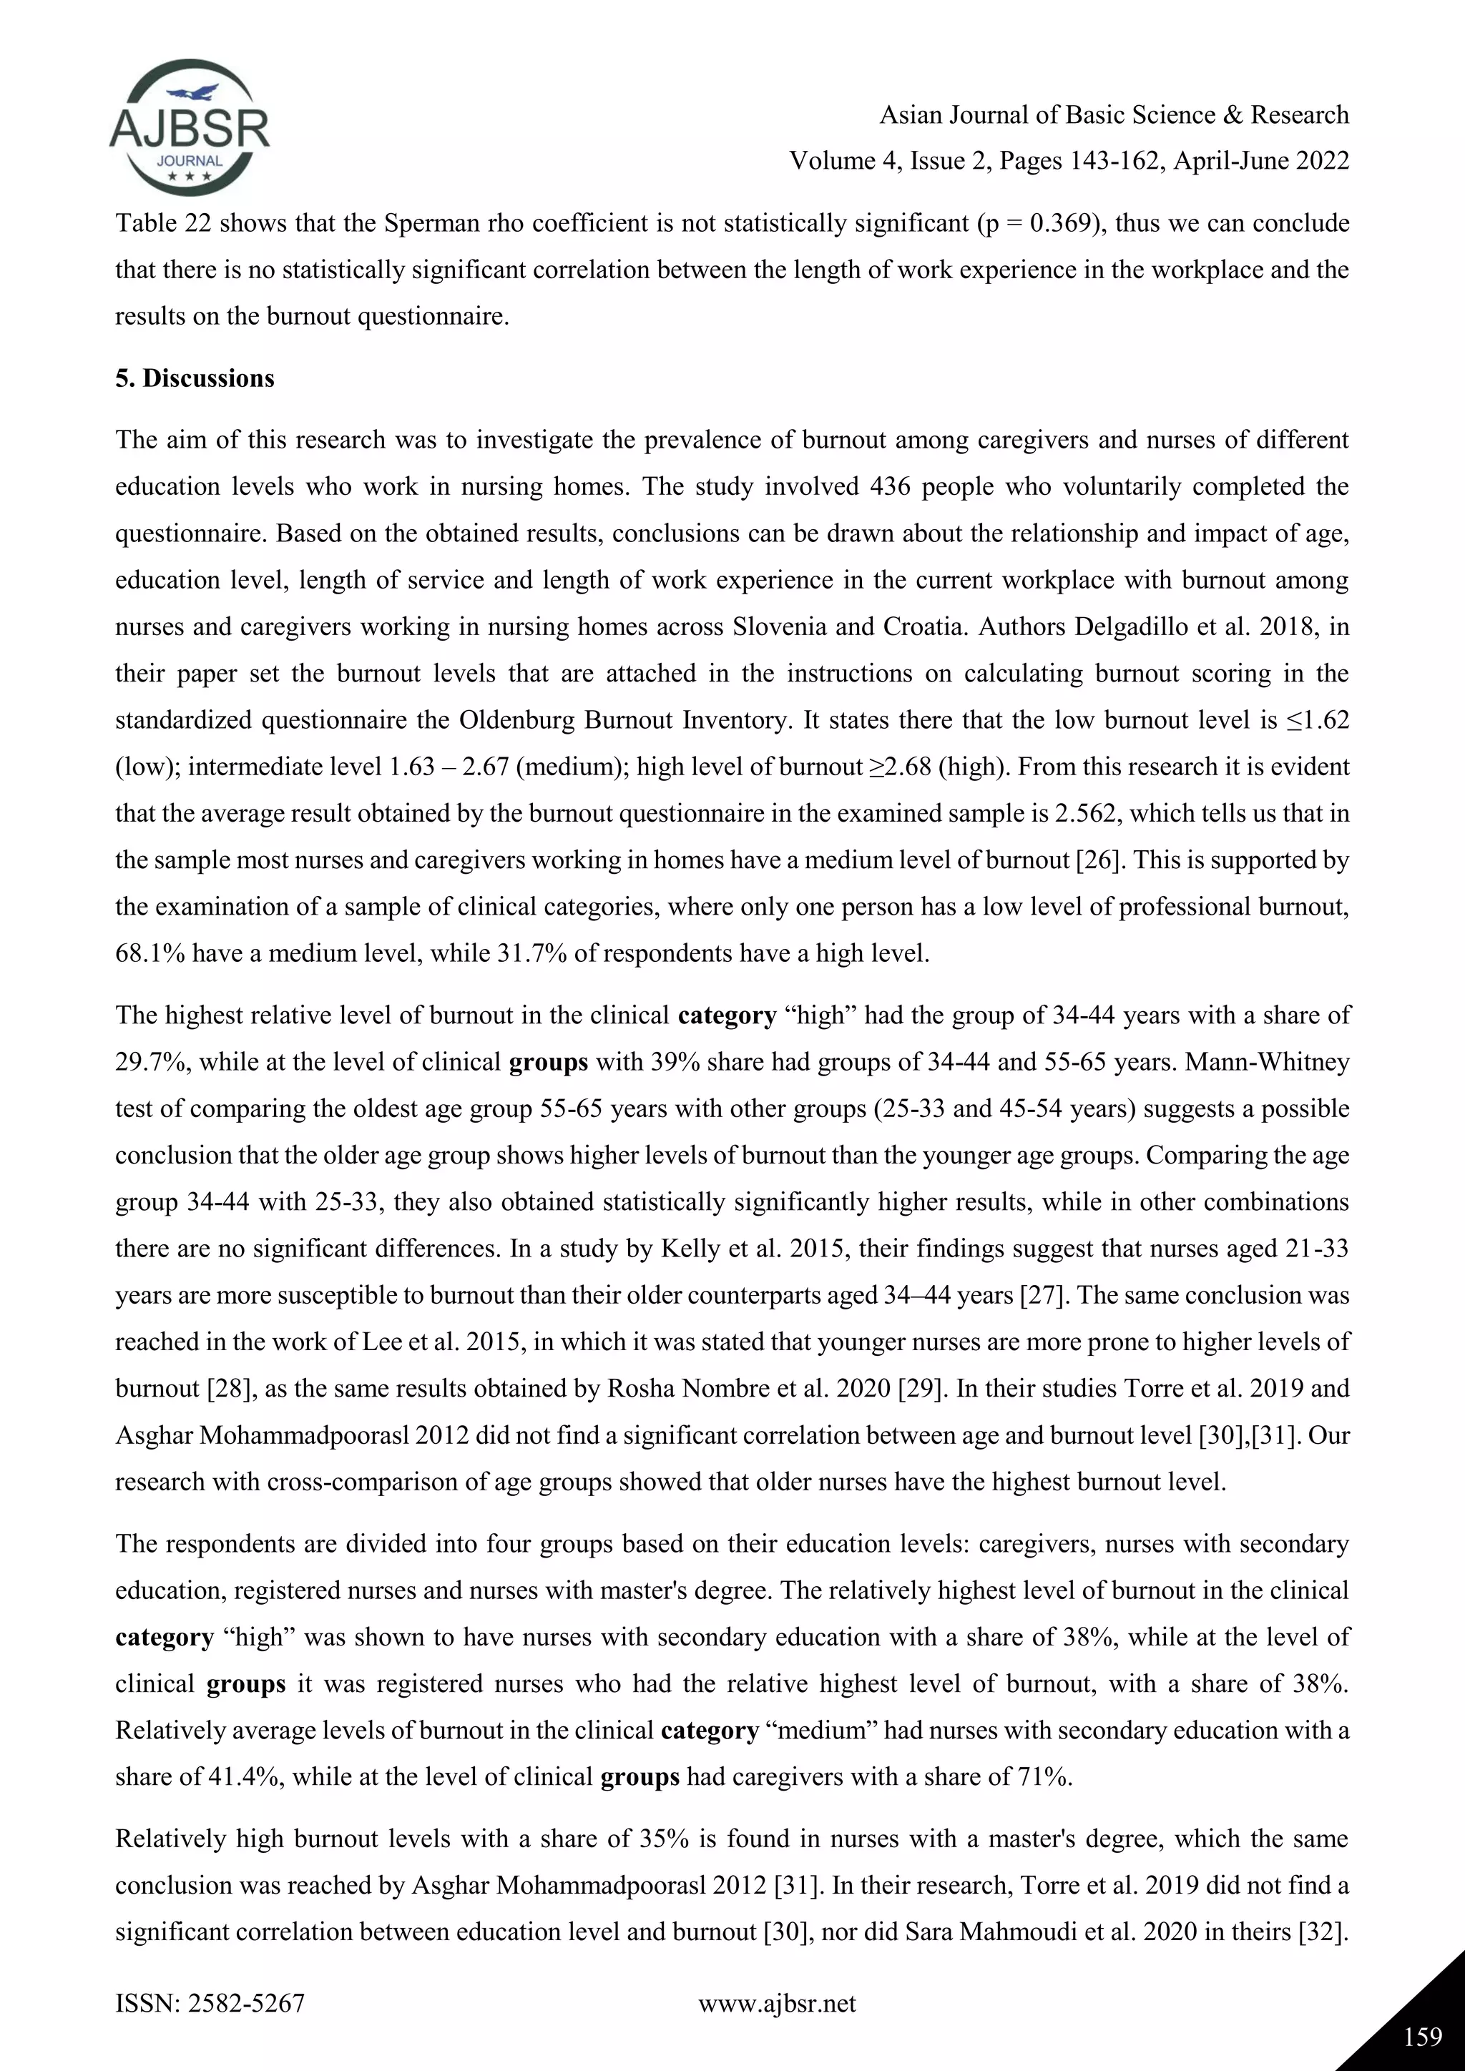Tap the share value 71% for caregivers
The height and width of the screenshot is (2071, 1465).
[x=1044, y=1777]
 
